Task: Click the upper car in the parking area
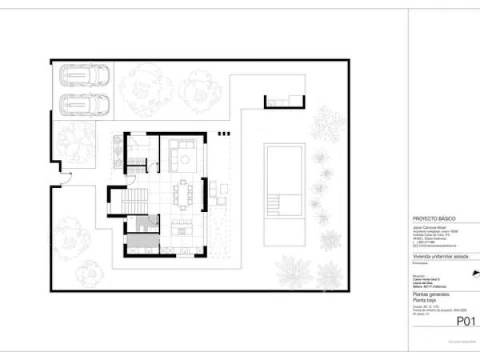[x=83, y=76]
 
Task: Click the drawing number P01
[x=466, y=322]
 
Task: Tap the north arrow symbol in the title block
[x=475, y=277]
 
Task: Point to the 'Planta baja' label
[x=427, y=300]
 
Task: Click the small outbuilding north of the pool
[x=284, y=102]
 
